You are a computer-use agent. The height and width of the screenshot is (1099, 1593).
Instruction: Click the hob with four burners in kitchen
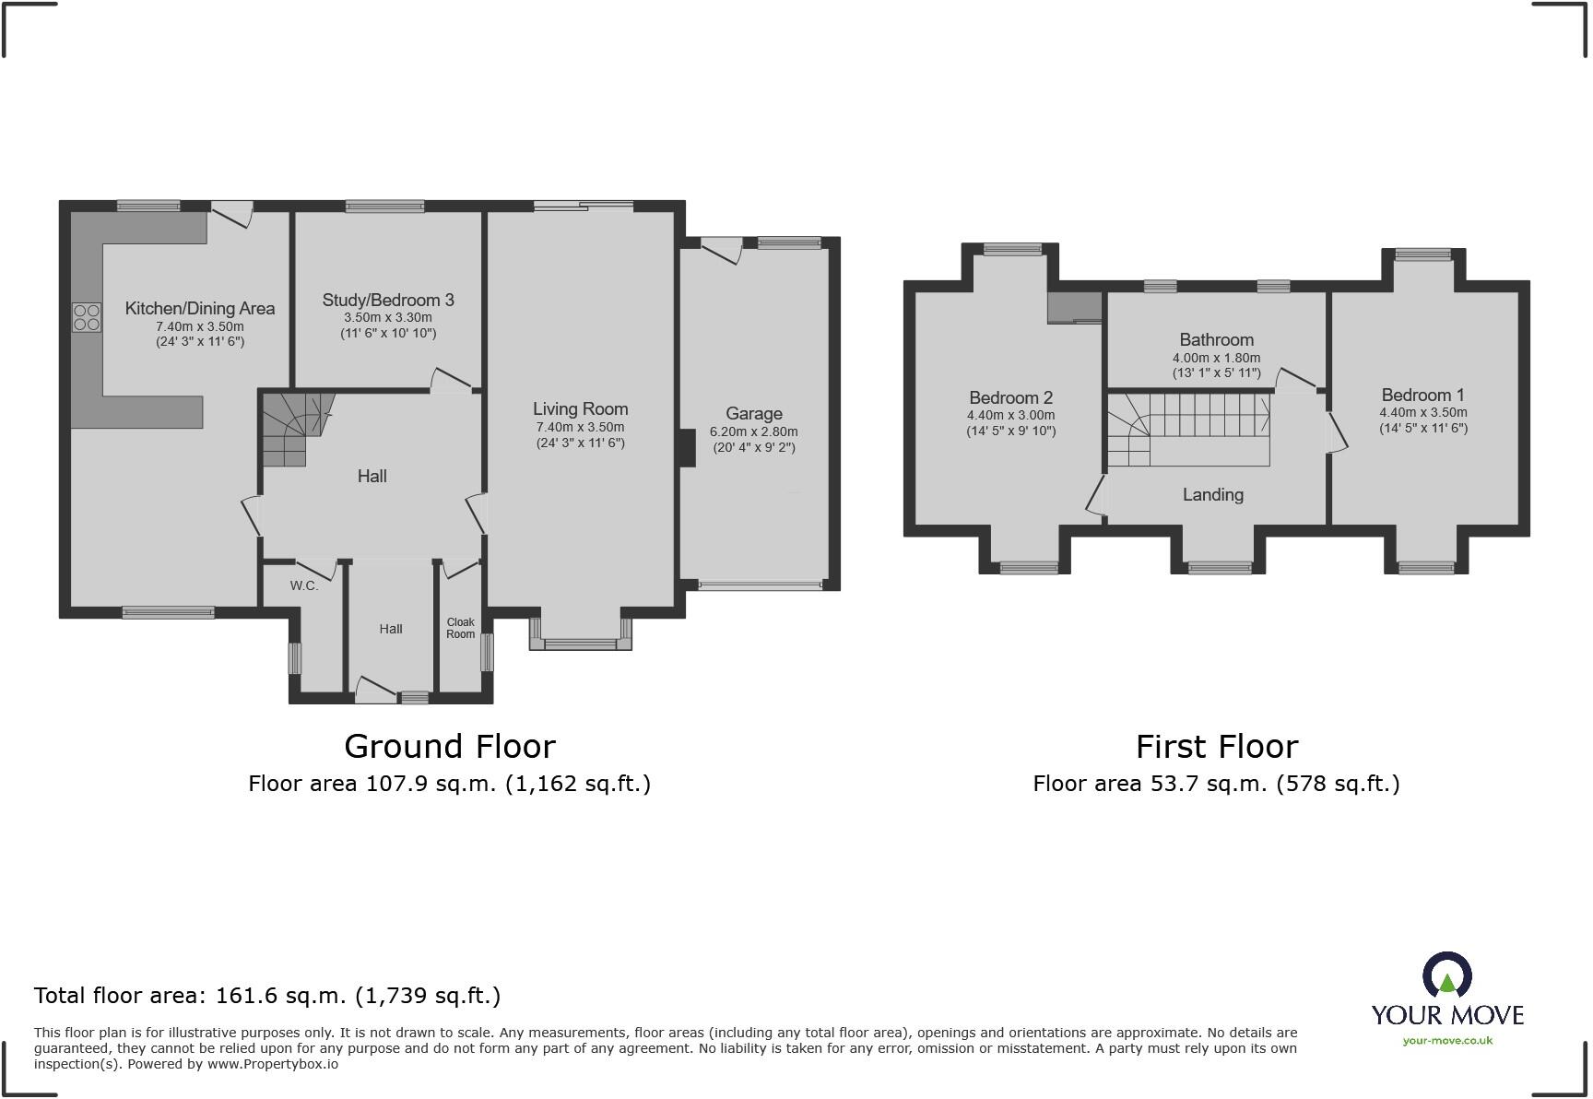point(87,317)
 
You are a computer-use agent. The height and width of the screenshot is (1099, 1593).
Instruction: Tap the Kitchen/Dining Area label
point(200,309)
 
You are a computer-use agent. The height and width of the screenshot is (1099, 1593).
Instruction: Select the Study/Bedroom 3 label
point(388,301)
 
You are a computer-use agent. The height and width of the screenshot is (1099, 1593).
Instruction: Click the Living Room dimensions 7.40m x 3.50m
point(580,427)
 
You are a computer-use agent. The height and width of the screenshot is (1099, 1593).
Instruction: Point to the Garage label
point(753,414)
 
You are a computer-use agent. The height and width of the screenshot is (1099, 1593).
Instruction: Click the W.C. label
point(303,585)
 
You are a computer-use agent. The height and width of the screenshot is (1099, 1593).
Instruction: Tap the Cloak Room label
point(460,628)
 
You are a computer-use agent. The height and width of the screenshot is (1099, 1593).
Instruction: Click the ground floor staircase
point(292,429)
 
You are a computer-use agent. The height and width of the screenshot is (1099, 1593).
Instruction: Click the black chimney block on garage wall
point(687,449)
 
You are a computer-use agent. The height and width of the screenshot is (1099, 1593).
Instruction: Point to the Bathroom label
point(1216,340)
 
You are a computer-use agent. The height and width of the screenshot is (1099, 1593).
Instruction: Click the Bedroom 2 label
point(1010,398)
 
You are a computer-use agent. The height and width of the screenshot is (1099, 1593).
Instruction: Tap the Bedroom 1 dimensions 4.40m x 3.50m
point(1422,413)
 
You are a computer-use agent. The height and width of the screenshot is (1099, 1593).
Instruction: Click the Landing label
point(1212,495)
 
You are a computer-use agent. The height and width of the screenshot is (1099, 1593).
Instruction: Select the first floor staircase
point(1189,430)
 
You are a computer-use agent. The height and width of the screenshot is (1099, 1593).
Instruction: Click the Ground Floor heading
point(449,746)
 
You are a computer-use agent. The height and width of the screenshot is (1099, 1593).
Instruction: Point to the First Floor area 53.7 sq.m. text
point(1216,784)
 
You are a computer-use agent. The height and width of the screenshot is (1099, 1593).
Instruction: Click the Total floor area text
point(267,996)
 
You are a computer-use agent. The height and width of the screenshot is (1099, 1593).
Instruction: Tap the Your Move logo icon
point(1446,975)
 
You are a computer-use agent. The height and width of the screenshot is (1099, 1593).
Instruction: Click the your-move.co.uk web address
point(1447,1041)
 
